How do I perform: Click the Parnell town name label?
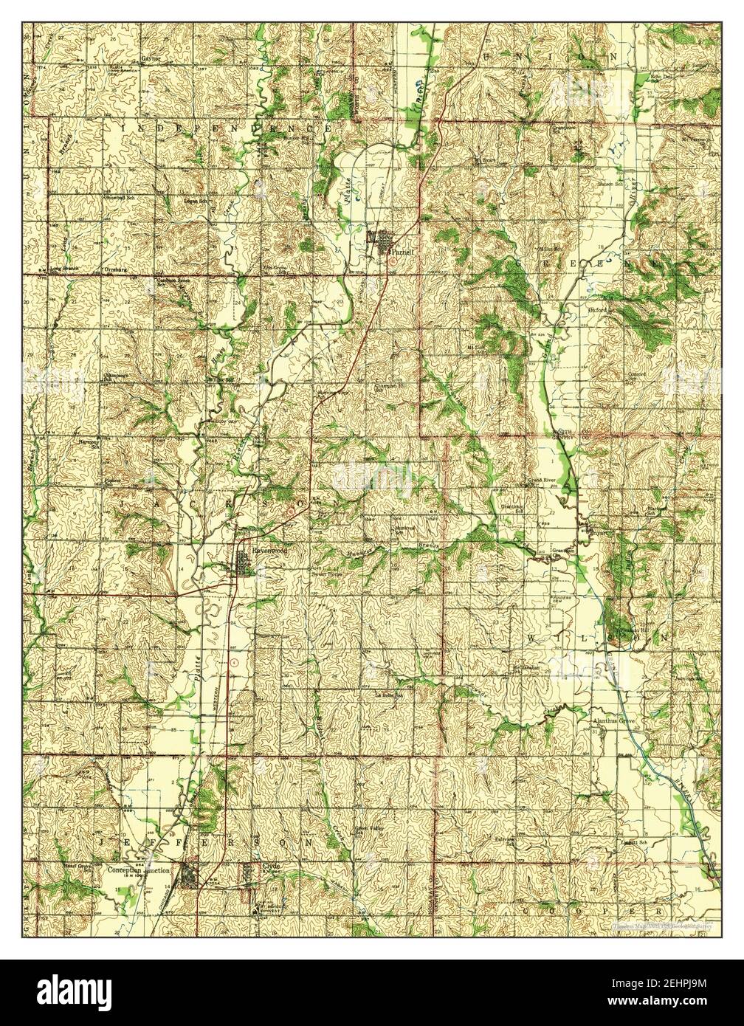click(402, 251)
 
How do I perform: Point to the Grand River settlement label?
click(548, 480)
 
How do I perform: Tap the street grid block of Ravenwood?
click(243, 566)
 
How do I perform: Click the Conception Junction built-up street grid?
click(190, 877)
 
